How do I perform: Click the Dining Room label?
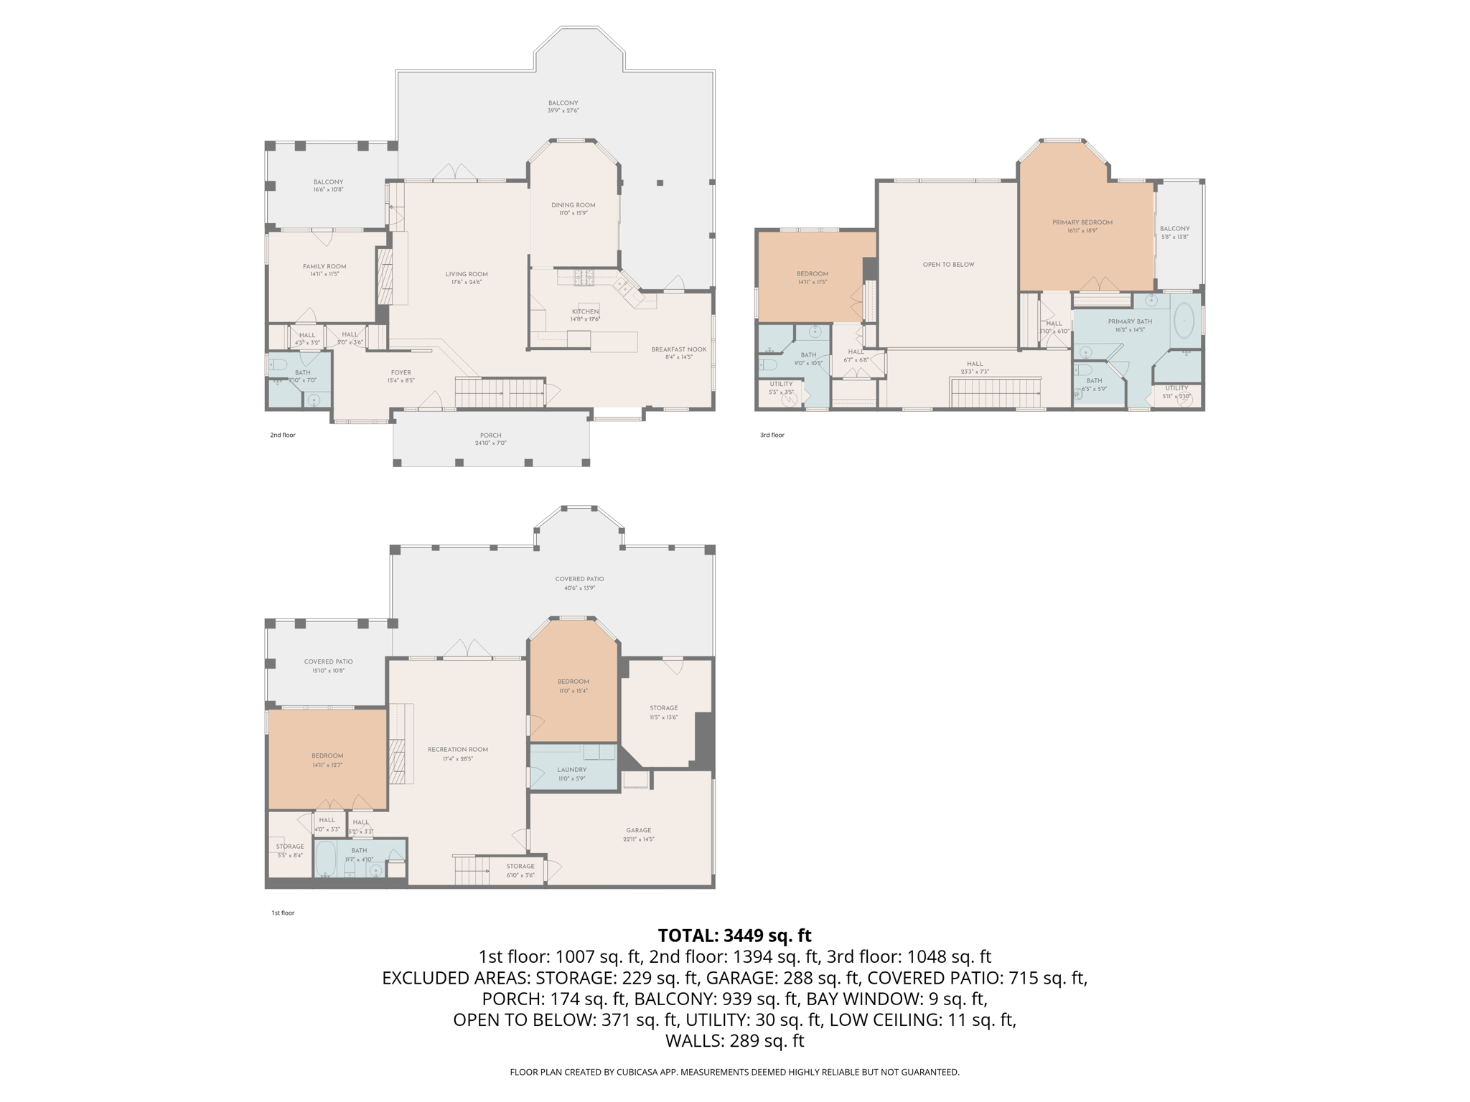click(x=573, y=205)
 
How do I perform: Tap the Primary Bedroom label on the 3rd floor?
click(x=1082, y=222)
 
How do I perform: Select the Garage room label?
click(x=638, y=830)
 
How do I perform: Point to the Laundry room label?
click(x=571, y=770)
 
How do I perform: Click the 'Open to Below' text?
click(x=948, y=265)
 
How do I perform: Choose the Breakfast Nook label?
click(x=678, y=349)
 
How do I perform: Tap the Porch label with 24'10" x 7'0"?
click(x=490, y=435)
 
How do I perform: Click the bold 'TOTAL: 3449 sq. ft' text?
click(x=734, y=936)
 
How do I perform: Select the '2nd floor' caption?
click(x=282, y=435)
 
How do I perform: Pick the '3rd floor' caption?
click(x=772, y=435)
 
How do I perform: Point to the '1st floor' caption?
click(x=282, y=913)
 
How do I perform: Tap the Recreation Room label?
click(x=457, y=750)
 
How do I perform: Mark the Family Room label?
click(x=324, y=266)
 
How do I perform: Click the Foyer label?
click(x=401, y=372)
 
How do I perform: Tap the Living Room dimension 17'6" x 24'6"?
click(x=466, y=283)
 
